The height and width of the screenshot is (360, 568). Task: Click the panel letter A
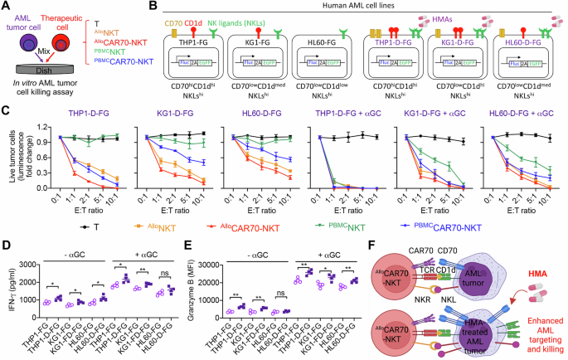coord(6,7)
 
